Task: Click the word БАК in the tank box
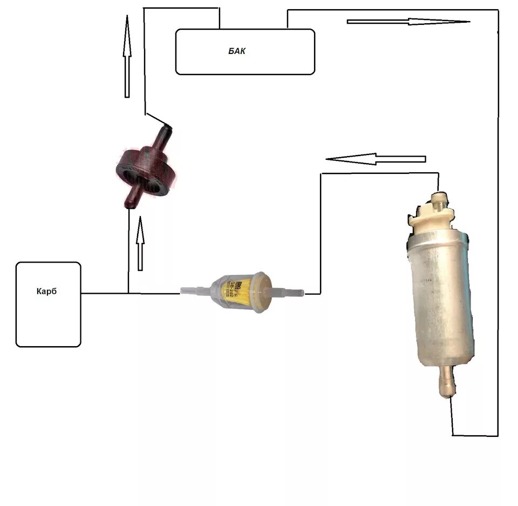click(x=236, y=51)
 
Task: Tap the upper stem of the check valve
click(x=163, y=135)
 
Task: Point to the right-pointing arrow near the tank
click(x=408, y=22)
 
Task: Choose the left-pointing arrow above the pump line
click(x=376, y=159)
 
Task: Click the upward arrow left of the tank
click(x=127, y=56)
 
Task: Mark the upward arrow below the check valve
click(x=140, y=243)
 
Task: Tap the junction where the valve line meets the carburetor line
click(x=128, y=293)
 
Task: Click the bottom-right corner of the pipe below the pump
click(x=497, y=435)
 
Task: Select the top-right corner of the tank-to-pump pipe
click(x=497, y=10)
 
